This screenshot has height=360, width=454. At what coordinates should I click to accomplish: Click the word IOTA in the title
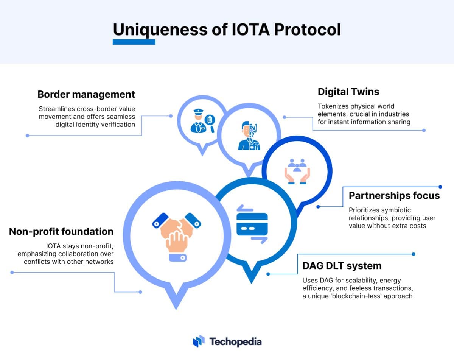[x=245, y=30]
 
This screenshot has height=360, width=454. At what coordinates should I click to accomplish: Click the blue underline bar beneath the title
[x=134, y=42]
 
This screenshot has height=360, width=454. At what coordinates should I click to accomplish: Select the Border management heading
[x=86, y=94]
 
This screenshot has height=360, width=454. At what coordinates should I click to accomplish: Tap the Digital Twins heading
[x=348, y=91]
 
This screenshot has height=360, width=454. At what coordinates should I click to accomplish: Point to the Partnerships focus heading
[x=394, y=195]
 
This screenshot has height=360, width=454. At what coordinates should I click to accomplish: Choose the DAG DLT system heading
[x=342, y=266]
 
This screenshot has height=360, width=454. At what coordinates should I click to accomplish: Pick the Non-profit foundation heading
[x=61, y=231]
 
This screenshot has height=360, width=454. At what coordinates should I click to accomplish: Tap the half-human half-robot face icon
[x=249, y=135]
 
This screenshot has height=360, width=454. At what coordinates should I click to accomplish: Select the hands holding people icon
[x=297, y=171]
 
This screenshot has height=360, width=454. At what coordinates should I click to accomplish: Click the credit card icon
[x=252, y=224]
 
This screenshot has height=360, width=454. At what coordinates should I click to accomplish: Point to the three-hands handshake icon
[x=176, y=235]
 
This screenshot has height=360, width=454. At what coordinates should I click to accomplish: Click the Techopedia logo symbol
[x=199, y=341]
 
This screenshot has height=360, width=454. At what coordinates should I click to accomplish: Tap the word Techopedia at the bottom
[x=235, y=341]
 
